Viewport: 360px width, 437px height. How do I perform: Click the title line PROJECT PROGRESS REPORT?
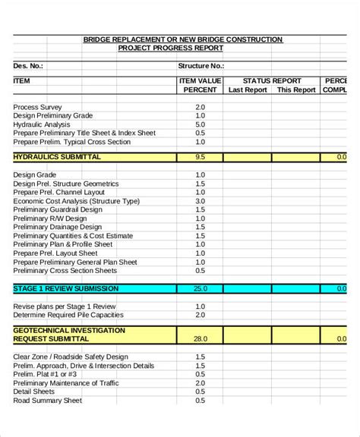pos(170,48)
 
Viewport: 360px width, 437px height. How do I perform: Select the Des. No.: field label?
pos(29,66)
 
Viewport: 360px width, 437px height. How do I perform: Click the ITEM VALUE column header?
pos(200,80)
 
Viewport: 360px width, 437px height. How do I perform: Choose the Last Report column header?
pos(248,90)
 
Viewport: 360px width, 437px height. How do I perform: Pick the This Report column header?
pos(295,90)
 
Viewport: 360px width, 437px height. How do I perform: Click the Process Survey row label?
pos(38,107)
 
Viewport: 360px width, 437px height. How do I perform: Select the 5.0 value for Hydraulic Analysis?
pos(200,124)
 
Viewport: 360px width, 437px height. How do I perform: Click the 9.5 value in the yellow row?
pos(200,157)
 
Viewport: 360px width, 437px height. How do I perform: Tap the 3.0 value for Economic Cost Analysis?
pos(200,201)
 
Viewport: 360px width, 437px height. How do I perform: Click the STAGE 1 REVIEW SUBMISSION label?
pos(66,288)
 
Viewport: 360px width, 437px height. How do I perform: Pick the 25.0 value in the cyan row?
pos(200,288)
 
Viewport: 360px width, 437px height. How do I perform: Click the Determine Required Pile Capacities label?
pos(68,314)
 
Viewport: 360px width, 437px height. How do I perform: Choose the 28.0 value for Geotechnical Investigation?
pos(200,339)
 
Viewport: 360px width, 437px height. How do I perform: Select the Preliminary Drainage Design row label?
pos(58,227)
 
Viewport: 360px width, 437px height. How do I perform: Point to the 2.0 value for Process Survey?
pos(200,107)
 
